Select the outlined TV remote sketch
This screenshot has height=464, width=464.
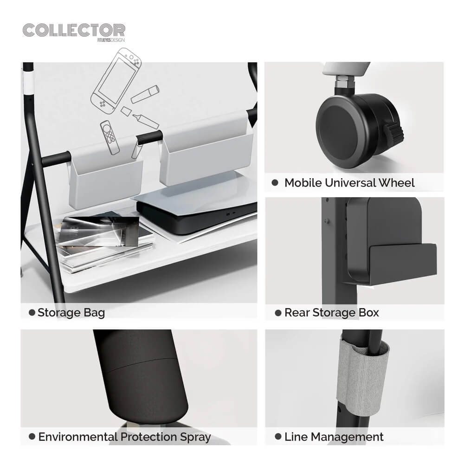110,138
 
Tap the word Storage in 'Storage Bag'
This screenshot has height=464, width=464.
59,313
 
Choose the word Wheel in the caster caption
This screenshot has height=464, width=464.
397,183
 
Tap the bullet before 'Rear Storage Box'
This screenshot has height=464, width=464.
278,313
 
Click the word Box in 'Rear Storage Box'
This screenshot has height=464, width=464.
369,313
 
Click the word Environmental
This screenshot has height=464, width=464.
78,437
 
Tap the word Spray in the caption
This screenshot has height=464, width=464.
196,438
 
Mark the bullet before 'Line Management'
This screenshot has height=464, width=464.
278,437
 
